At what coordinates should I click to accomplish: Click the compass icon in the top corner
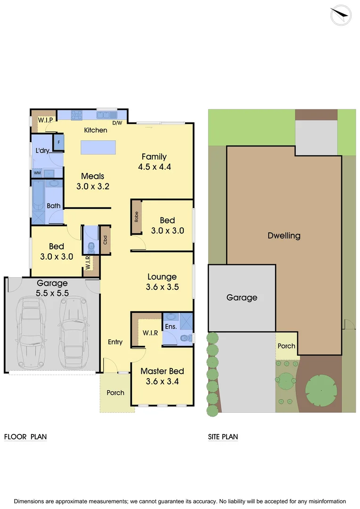coord(341,15)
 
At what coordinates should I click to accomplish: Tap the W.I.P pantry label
coord(45,120)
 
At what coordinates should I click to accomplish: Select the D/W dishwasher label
coord(117,123)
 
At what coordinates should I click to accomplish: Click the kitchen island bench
coord(98,147)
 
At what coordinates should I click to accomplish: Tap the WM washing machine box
coord(37,173)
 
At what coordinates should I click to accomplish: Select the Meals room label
coord(92,176)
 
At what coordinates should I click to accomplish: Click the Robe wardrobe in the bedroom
coord(136,217)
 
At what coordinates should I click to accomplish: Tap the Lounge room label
coord(162,277)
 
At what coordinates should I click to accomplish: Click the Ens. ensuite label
coord(171,326)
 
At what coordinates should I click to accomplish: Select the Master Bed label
coord(162,371)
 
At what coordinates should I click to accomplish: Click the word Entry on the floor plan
coord(115,342)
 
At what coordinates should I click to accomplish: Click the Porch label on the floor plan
coord(115,393)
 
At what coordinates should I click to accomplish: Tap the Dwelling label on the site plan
coord(284,236)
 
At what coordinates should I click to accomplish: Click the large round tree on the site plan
coord(321,390)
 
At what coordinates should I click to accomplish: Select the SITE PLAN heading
coord(223,437)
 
